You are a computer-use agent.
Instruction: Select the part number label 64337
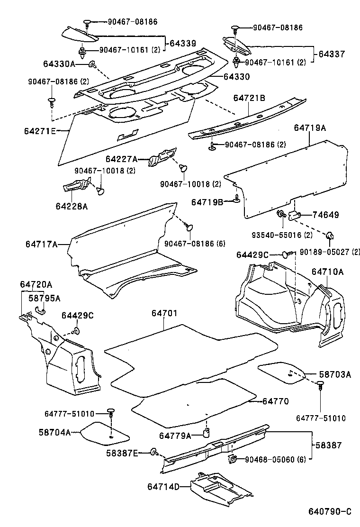point(332,54)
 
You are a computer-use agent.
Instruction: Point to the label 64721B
point(249,98)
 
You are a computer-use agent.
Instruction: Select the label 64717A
point(42,244)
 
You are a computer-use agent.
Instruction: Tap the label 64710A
point(327,272)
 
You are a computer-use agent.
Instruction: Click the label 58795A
point(44,298)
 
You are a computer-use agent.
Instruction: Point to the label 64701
point(164,313)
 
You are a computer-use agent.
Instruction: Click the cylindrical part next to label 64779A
point(207,433)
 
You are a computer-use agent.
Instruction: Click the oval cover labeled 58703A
point(281,372)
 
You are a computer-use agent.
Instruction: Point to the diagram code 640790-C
point(330,512)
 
